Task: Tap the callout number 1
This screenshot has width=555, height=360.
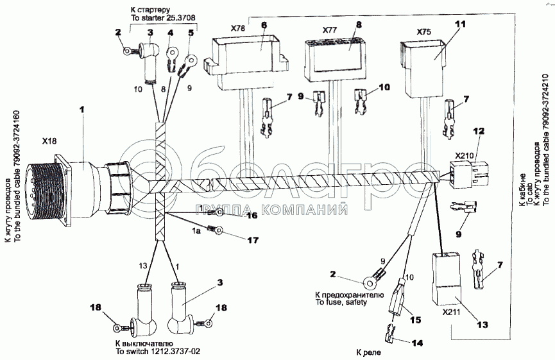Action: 81,110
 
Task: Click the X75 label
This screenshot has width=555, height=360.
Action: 423,31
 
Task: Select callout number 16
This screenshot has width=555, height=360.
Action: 252,216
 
